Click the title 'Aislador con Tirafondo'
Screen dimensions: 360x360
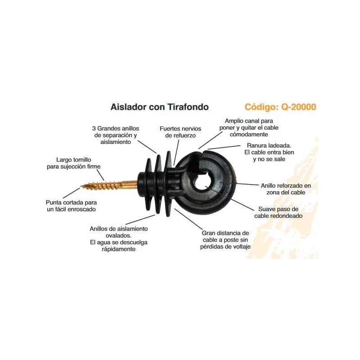pyautogui.click(x=160, y=107)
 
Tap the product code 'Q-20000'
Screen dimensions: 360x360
pyautogui.click(x=298, y=107)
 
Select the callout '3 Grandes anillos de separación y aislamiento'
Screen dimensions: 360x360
pyautogui.click(x=116, y=135)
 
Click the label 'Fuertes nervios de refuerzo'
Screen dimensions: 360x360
pyautogui.click(x=180, y=132)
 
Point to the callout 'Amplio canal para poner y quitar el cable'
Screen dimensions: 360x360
pyautogui.click(x=249, y=127)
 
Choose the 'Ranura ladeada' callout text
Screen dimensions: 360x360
pyautogui.click(x=269, y=152)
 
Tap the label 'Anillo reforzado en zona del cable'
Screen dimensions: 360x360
pyautogui.click(x=286, y=189)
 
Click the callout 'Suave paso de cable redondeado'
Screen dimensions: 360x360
pyautogui.click(x=278, y=212)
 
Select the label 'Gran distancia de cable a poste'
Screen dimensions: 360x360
pyautogui.click(x=225, y=240)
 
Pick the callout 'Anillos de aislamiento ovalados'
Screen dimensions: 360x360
pyautogui.click(x=119, y=239)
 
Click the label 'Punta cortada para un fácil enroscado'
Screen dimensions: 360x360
pyautogui.click(x=71, y=206)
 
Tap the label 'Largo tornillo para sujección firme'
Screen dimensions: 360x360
pyautogui.click(x=74, y=163)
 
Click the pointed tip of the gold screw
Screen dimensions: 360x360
pyautogui.click(x=81, y=186)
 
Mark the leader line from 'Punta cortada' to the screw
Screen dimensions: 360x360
pyautogui.click(x=72, y=193)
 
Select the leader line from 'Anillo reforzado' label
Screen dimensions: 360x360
pyautogui.click(x=247, y=184)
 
